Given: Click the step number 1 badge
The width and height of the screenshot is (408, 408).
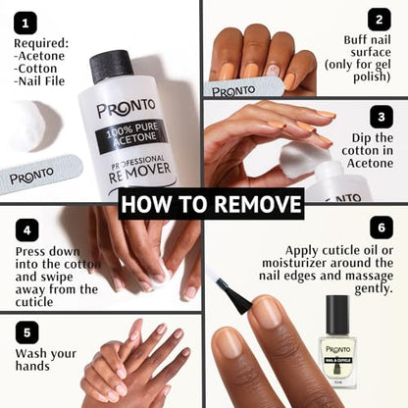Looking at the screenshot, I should [25, 23].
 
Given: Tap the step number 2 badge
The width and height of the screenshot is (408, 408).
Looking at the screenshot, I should [379, 19].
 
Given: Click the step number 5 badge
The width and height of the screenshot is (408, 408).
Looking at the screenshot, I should [26, 332].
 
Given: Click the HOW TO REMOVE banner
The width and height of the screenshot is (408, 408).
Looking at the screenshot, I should [211, 203].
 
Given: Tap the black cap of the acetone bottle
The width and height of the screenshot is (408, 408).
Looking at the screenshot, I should [111, 66].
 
